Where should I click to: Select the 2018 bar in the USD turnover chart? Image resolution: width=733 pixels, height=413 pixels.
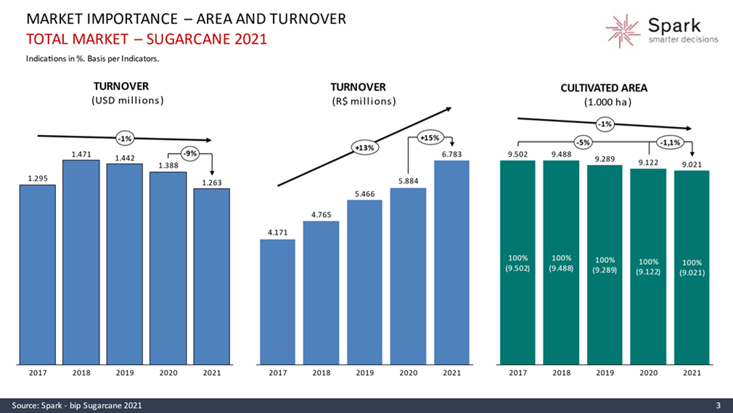click(x=81, y=261)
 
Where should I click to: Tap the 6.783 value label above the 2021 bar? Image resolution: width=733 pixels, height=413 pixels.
click(x=451, y=154)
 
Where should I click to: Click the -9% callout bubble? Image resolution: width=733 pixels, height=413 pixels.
click(x=191, y=153)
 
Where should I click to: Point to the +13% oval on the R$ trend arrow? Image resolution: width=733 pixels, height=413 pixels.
click(x=364, y=148)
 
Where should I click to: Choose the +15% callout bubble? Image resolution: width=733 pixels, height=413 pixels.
click(x=430, y=137)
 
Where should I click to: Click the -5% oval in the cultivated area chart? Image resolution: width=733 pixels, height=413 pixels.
click(x=583, y=142)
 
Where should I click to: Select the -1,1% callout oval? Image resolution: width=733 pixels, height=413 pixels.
click(x=669, y=142)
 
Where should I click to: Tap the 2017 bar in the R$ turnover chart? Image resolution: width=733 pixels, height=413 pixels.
click(x=277, y=301)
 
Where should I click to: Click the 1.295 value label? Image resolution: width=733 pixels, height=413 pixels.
click(x=38, y=178)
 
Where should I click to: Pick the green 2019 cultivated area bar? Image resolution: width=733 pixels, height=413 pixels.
click(x=605, y=265)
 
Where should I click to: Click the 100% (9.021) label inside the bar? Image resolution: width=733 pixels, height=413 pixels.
click(x=692, y=267)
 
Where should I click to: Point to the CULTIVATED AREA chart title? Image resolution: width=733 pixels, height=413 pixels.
click(x=604, y=88)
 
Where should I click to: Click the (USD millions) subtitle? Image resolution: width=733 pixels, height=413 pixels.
click(x=127, y=100)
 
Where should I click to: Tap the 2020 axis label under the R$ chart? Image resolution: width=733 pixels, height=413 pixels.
click(x=408, y=373)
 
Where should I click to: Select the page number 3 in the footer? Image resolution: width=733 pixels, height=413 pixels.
click(x=718, y=405)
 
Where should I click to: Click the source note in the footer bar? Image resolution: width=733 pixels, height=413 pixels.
click(x=76, y=405)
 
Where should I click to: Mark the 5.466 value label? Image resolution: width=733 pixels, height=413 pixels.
click(x=364, y=194)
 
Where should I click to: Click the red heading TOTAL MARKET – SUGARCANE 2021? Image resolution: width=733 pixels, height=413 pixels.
click(x=146, y=38)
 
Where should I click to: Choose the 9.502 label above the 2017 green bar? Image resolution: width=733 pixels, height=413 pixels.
click(x=517, y=154)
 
